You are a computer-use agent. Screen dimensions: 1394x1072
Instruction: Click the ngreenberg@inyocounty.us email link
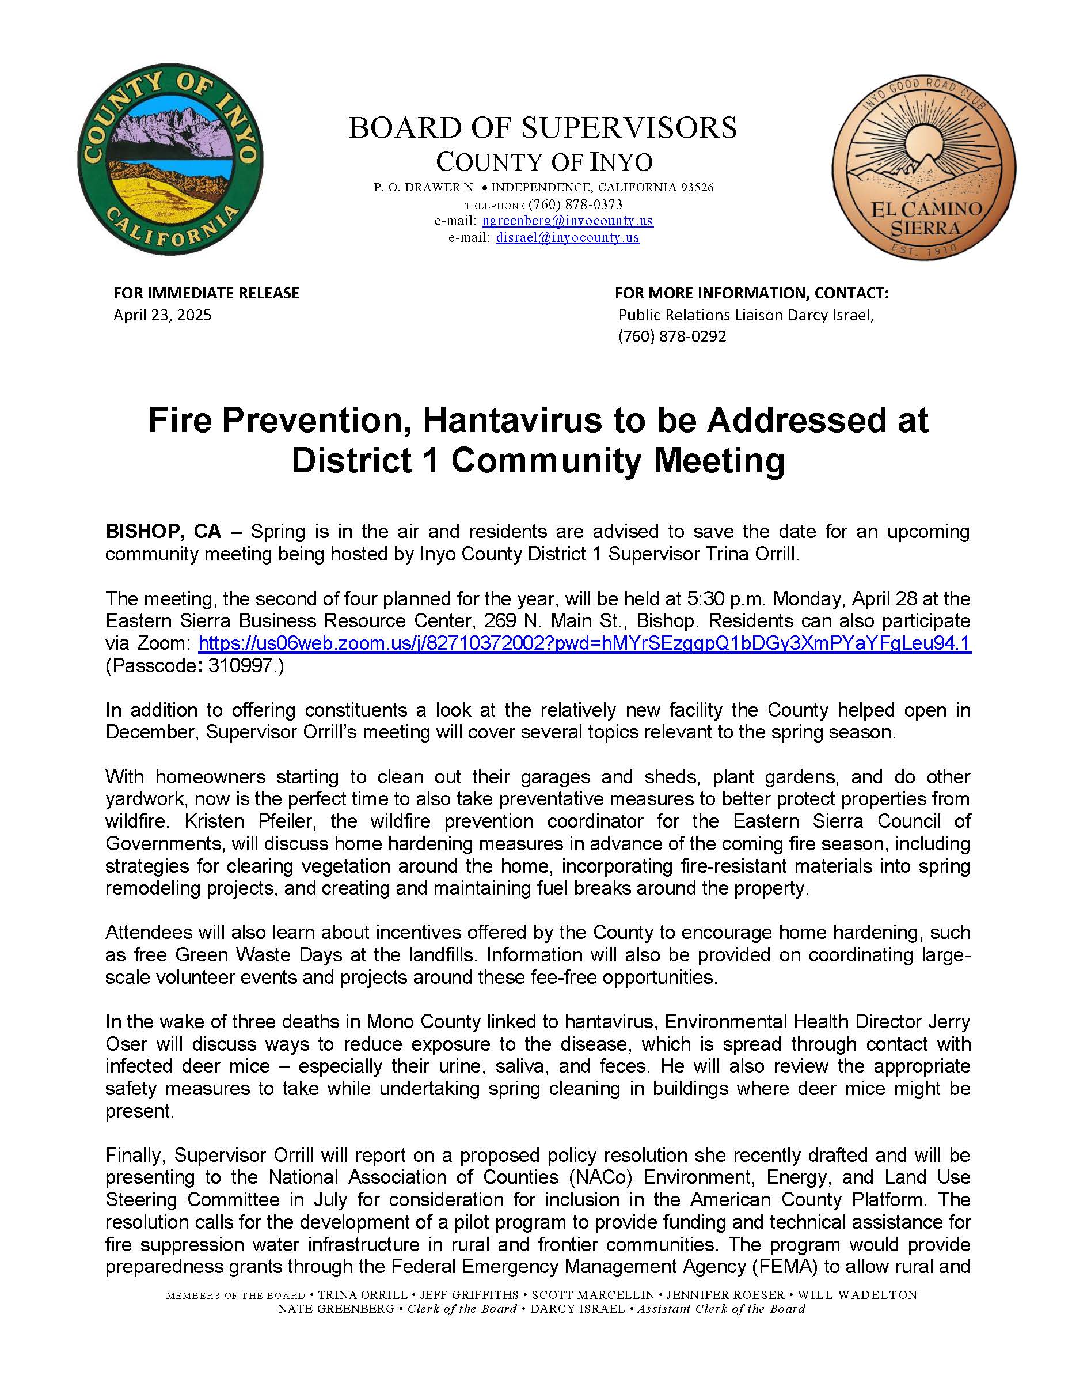[x=567, y=221]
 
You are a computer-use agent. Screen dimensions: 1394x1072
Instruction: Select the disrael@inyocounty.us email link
[x=567, y=237]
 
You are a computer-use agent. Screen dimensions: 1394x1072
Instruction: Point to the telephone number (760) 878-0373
[x=575, y=204]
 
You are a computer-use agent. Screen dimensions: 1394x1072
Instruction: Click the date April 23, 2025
[x=162, y=315]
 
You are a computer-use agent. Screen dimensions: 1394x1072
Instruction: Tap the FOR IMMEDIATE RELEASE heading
[x=206, y=293]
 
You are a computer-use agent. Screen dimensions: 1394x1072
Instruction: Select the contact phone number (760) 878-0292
[x=672, y=336]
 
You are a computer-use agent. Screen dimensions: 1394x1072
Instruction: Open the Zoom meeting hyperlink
[x=584, y=643]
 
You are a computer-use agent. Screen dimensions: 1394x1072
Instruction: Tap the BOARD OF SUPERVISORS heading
[x=543, y=128]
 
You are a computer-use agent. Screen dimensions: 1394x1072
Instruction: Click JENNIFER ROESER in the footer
[x=725, y=1295]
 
